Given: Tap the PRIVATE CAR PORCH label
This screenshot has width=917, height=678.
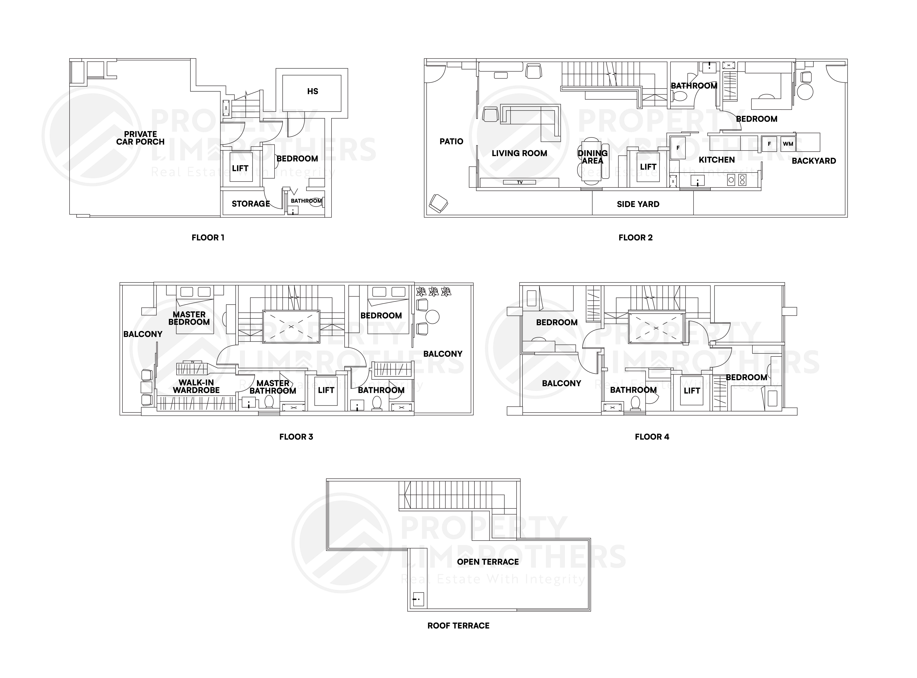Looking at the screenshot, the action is [140, 138].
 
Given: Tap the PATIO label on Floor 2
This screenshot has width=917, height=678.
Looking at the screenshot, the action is [451, 142].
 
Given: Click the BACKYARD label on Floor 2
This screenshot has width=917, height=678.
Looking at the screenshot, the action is [814, 161].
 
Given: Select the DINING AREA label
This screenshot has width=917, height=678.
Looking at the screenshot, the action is [592, 157].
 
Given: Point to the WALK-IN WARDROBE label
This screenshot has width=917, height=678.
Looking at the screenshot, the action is [196, 386].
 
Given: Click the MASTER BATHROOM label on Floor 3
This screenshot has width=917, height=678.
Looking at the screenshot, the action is [273, 387].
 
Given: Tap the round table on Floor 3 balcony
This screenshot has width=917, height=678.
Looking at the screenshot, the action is [432, 317].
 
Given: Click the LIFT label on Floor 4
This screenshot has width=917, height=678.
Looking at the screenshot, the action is [692, 391].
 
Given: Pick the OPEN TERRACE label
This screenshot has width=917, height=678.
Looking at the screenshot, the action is [488, 562].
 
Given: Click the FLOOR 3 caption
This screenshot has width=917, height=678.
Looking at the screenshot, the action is [296, 437].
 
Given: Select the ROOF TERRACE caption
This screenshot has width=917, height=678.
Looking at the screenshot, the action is [458, 626].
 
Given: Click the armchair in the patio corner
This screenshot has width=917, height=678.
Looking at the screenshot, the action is [438, 203].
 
